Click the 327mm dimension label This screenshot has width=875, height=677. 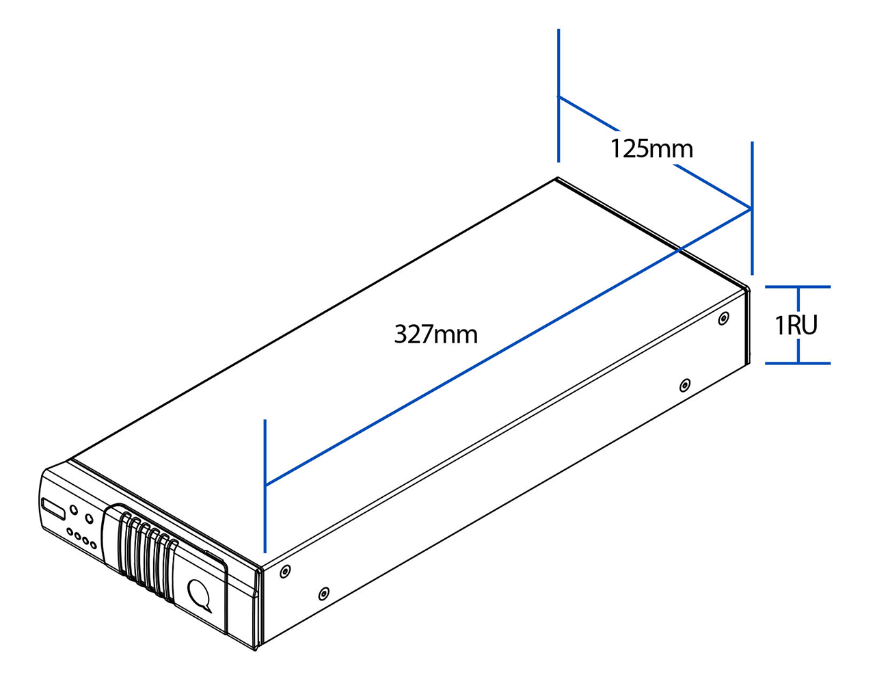click(435, 334)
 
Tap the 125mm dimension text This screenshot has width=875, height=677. click(651, 148)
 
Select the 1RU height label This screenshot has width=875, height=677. click(796, 325)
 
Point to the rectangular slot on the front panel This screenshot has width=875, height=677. click(53, 509)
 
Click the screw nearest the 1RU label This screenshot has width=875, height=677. click(724, 319)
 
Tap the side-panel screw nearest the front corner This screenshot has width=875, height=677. click(285, 570)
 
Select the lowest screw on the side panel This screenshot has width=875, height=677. click(324, 594)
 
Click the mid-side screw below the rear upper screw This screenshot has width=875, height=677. click(684, 386)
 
